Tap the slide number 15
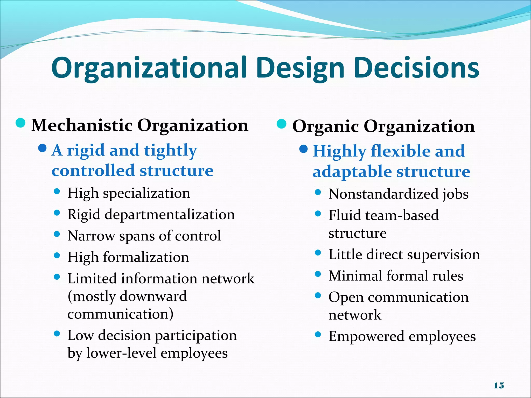499,386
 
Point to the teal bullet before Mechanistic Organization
20,123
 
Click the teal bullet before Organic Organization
282,124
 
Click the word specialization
146,193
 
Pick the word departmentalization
170,215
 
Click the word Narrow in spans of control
91,236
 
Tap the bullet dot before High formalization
57,255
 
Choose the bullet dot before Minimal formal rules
318,274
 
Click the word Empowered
366,336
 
